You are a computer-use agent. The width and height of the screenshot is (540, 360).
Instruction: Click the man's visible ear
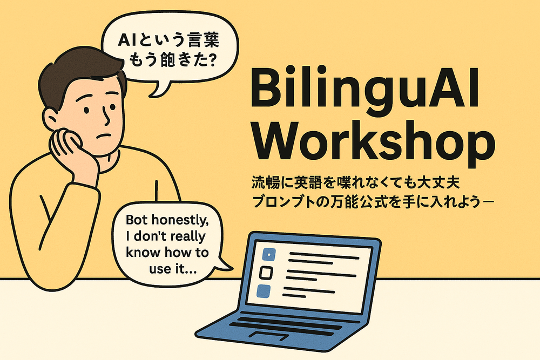pos(51,119)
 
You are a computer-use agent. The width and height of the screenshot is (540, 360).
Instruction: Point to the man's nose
pos(107,117)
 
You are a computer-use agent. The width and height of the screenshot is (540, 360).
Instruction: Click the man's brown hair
pos(79,74)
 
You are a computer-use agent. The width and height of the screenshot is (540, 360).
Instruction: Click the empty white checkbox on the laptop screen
pos(266,273)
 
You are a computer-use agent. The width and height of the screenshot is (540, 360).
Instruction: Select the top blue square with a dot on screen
pos(269,254)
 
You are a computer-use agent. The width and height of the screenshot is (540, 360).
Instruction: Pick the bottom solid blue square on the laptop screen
pos(264,291)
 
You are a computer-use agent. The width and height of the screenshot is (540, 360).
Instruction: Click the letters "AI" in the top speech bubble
pos(126,40)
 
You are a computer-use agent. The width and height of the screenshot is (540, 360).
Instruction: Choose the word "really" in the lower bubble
pos(188,237)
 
